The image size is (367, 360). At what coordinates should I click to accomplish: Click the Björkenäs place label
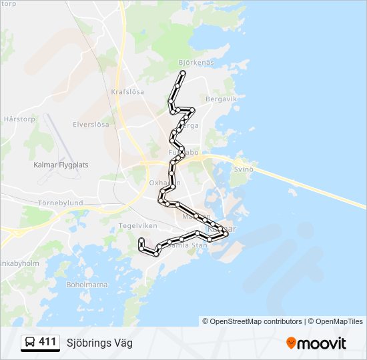tap(196, 63)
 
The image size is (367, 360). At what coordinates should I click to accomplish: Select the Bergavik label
tap(222, 99)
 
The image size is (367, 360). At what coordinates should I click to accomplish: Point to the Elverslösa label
tap(91, 125)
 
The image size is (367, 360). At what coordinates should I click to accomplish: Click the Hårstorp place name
tap(18, 119)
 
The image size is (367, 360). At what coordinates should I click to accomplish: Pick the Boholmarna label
tap(87, 284)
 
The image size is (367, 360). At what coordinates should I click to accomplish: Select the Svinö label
tap(244, 169)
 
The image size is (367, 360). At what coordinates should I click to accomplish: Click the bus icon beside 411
tap(30, 343)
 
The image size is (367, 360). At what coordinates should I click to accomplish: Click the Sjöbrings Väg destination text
tap(99, 343)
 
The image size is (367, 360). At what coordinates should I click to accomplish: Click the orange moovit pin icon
tap(291, 343)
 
